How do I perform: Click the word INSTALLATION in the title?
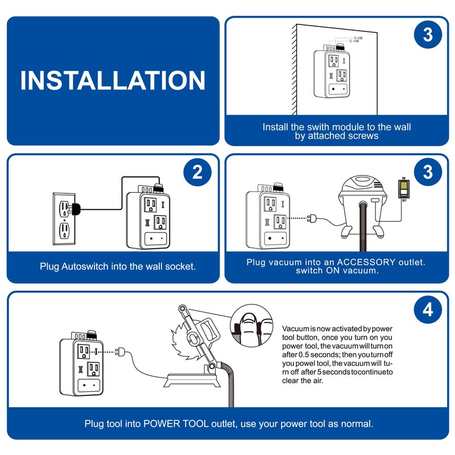click(x=113, y=80)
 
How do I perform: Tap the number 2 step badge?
click(x=197, y=173)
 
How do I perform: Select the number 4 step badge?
click(x=428, y=310)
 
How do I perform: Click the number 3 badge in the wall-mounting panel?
click(x=428, y=35)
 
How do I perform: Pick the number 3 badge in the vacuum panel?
click(x=428, y=173)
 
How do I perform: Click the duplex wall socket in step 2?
click(x=65, y=219)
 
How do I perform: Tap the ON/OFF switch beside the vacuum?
click(x=403, y=187)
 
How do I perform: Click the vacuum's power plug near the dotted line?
click(x=312, y=218)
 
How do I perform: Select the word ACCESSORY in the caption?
click(x=365, y=262)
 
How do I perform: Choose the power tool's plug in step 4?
click(x=119, y=351)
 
